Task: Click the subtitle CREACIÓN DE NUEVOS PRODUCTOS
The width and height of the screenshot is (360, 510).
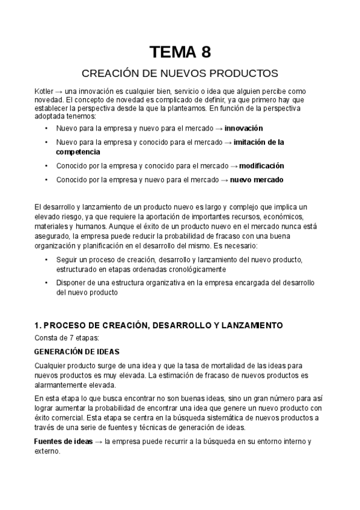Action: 180,73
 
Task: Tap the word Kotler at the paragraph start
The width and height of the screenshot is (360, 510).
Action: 44,90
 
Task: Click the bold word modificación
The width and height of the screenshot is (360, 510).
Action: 261,165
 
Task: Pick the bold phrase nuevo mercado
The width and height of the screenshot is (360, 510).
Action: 257,179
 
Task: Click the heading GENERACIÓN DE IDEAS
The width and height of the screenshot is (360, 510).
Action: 77,351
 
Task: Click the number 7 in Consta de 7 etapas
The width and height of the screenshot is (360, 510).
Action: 73,337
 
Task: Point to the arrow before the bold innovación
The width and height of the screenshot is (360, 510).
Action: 219,128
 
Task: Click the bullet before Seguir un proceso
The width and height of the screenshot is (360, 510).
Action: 46,259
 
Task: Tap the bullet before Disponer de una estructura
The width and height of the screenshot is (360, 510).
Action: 46,283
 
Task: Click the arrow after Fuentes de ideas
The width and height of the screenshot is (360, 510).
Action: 98,441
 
